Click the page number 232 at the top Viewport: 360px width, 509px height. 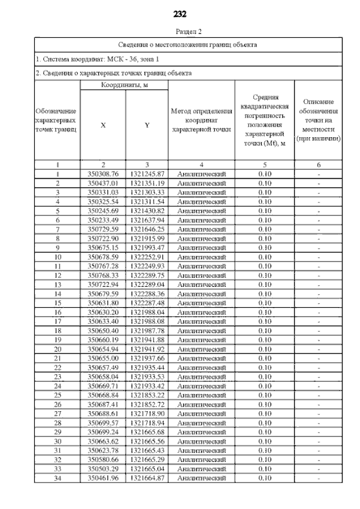point(180,13)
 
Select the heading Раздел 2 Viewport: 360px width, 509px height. point(180,32)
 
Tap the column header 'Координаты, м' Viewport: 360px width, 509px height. point(124,85)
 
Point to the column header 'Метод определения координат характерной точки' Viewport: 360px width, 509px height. point(201,120)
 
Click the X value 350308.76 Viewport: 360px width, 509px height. point(103,174)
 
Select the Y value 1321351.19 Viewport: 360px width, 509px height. point(146,183)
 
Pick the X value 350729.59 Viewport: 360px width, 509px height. point(103,229)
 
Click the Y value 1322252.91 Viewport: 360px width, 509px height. point(146,257)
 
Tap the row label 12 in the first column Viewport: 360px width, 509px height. point(57,275)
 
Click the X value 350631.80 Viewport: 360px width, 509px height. point(103,303)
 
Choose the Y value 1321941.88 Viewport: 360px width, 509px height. point(146,339)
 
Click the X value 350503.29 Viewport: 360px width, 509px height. point(103,469)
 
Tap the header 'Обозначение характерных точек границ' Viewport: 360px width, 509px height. point(57,120)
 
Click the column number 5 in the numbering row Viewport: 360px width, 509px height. point(264,165)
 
